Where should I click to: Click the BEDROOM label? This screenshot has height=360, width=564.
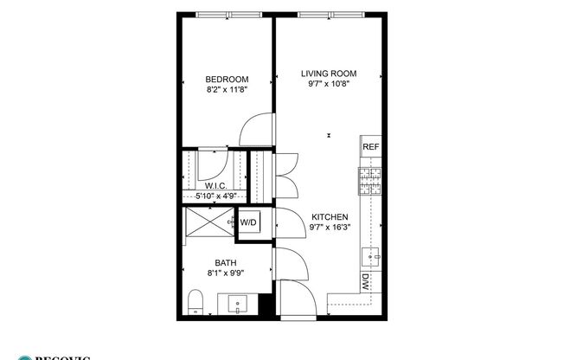click(x=228, y=79)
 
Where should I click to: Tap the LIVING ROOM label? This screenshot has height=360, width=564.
click(x=329, y=74)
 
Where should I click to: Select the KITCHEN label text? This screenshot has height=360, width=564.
click(x=329, y=217)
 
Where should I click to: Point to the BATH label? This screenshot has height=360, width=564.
click(x=226, y=263)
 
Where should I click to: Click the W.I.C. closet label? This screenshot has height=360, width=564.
click(x=216, y=186)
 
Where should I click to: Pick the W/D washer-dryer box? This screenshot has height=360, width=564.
click(x=249, y=222)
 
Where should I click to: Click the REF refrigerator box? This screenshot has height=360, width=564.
click(x=371, y=148)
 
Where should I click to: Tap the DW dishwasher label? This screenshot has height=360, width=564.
click(x=367, y=281)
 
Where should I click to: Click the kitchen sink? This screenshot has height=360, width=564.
click(x=373, y=255)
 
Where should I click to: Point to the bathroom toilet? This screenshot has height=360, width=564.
click(x=196, y=303)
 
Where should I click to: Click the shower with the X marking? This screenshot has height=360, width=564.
click(x=208, y=222)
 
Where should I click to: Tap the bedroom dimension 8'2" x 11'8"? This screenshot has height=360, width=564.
click(x=228, y=89)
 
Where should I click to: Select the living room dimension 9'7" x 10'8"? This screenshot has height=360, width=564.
click(x=329, y=84)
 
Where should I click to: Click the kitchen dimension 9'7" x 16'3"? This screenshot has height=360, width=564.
click(x=329, y=228)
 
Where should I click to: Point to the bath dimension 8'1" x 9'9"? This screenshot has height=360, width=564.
click(x=226, y=273)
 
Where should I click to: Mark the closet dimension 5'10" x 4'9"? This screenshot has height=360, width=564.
click(x=216, y=196)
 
